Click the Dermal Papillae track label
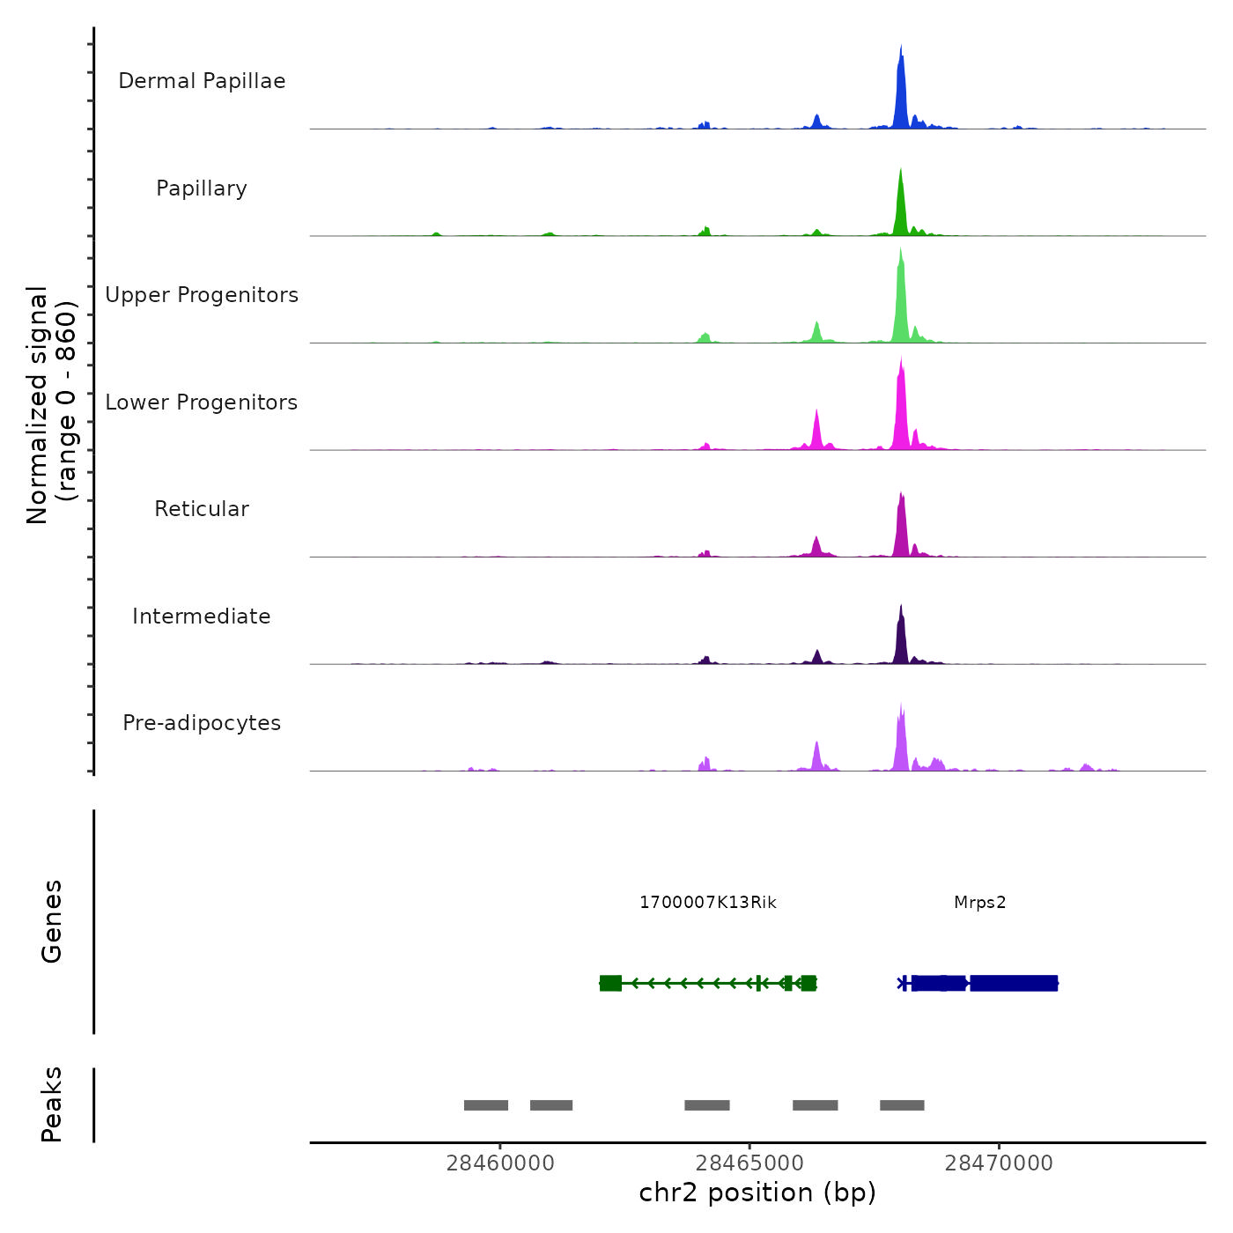202,81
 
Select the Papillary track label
202,188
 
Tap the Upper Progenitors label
202,295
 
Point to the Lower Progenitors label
202,402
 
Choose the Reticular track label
202,509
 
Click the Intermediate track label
202,616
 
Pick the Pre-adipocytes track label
202,723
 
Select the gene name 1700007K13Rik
708,903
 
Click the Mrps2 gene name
979,903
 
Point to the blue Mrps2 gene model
1013,983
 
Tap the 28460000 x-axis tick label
500,1163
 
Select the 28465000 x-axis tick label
749,1163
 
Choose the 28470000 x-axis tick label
999,1163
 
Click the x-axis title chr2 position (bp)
757,1193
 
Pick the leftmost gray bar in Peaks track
486,1105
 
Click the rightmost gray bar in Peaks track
902,1105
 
